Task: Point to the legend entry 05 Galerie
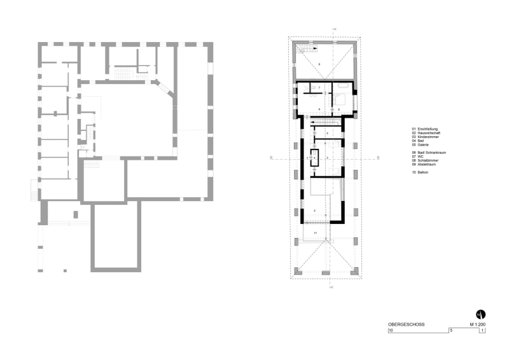coord(423,145)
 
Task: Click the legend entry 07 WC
coord(419,156)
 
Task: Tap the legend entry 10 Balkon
coord(423,172)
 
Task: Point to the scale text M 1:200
coord(478,324)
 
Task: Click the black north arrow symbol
coord(481,314)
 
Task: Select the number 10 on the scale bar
coord(391,330)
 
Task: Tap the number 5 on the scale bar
coord(450,330)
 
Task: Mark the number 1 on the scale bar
coord(481,330)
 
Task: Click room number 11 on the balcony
coord(315,233)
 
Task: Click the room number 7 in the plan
coord(319,87)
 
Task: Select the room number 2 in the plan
coord(326,134)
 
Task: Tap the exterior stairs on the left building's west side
coord(34,189)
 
